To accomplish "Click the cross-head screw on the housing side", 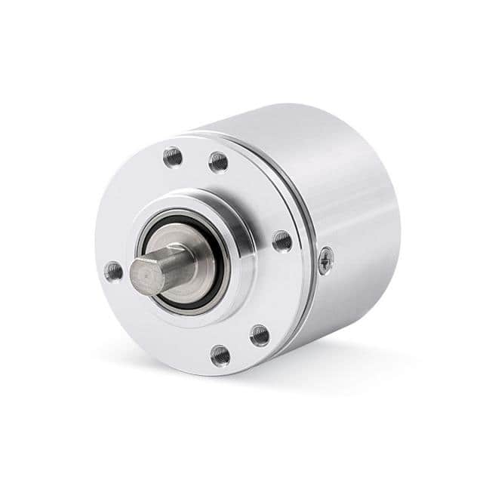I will click(x=326, y=260).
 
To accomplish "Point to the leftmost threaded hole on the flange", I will click(x=113, y=271).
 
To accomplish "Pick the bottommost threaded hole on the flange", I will click(x=220, y=354).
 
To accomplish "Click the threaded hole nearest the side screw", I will click(x=281, y=241).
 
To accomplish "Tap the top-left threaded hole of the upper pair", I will click(x=173, y=157).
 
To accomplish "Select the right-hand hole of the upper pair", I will click(x=218, y=162).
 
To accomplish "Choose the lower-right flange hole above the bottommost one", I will click(x=260, y=334).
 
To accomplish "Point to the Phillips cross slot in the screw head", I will click(x=326, y=260).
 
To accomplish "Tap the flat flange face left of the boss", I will click(x=121, y=226).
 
